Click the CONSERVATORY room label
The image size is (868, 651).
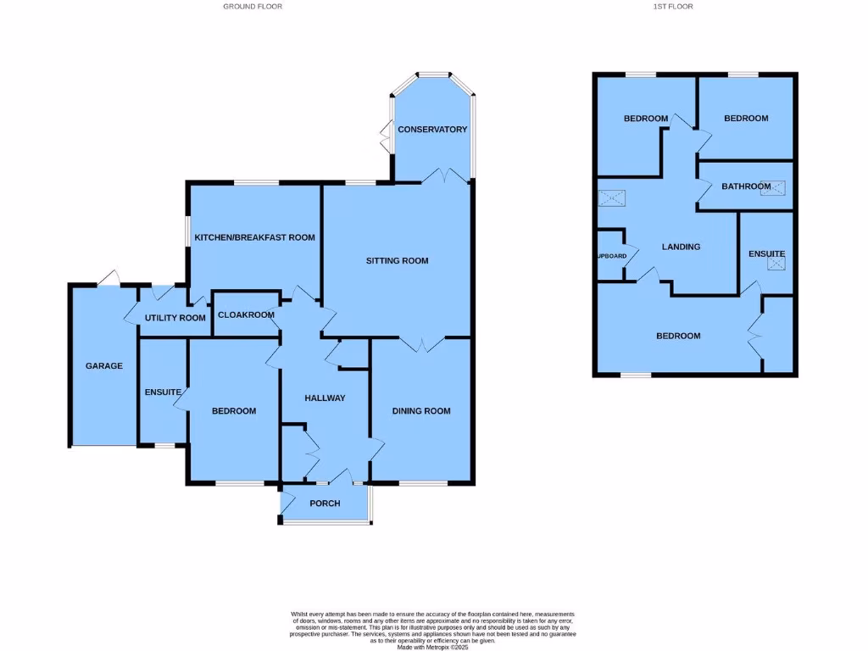(x=432, y=130)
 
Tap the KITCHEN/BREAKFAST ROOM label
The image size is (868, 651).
(x=254, y=237)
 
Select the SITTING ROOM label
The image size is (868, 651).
(x=397, y=261)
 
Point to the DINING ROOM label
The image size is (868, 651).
(x=420, y=411)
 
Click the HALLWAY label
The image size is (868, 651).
(x=325, y=398)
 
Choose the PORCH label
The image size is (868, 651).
(x=325, y=504)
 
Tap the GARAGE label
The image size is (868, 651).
(x=104, y=366)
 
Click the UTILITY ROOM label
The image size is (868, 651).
(x=175, y=318)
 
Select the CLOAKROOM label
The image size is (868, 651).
(x=246, y=314)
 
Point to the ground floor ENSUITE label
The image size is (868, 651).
(x=163, y=392)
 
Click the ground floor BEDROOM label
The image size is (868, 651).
(x=233, y=411)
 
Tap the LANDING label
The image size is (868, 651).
(x=681, y=248)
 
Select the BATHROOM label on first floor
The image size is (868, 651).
(x=746, y=186)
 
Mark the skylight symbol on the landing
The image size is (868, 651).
(x=611, y=198)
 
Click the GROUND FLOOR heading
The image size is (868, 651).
(x=253, y=6)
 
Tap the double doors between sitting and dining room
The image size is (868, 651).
(x=421, y=342)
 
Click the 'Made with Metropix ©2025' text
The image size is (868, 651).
(x=433, y=648)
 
